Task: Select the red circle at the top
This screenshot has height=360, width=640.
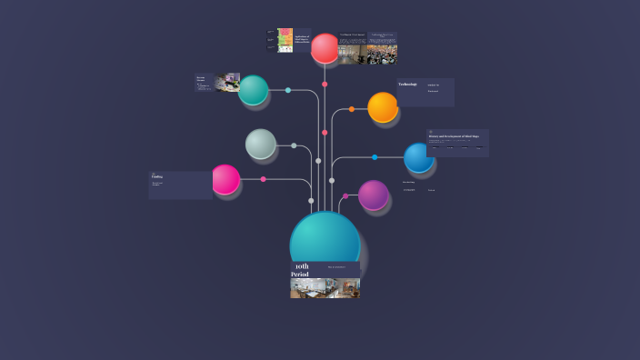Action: pyautogui.click(x=325, y=48)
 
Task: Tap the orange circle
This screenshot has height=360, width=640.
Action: pyautogui.click(x=383, y=107)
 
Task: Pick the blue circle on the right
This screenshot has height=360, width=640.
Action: pyautogui.click(x=418, y=157)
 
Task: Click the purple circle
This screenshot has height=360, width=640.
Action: pyautogui.click(x=373, y=195)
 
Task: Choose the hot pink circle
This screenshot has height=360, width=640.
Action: pyautogui.click(x=225, y=179)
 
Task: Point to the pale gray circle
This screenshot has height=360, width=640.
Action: pyautogui.click(x=260, y=144)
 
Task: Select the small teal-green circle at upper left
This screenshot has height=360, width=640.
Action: pyautogui.click(x=253, y=90)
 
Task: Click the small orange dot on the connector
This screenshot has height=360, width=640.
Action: pyautogui.click(x=352, y=109)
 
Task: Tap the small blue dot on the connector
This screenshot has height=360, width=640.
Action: pyautogui.click(x=375, y=157)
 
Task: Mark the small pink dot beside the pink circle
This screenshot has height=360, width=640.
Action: pyautogui.click(x=264, y=179)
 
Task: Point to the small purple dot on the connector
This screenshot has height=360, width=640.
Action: pyautogui.click(x=345, y=195)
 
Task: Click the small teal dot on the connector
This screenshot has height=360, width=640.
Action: pyautogui.click(x=288, y=90)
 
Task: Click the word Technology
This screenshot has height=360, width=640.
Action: pyautogui.click(x=407, y=85)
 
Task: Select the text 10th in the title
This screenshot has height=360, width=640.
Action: pyautogui.click(x=302, y=266)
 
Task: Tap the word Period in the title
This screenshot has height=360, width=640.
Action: pyautogui.click(x=300, y=275)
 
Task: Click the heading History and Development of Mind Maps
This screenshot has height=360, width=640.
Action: pyautogui.click(x=457, y=135)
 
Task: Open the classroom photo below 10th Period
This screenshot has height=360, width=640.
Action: pyautogui.click(x=325, y=288)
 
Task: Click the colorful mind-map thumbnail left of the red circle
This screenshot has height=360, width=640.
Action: pyautogui.click(x=285, y=40)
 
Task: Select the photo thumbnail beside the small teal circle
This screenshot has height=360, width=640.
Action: pyautogui.click(x=227, y=83)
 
